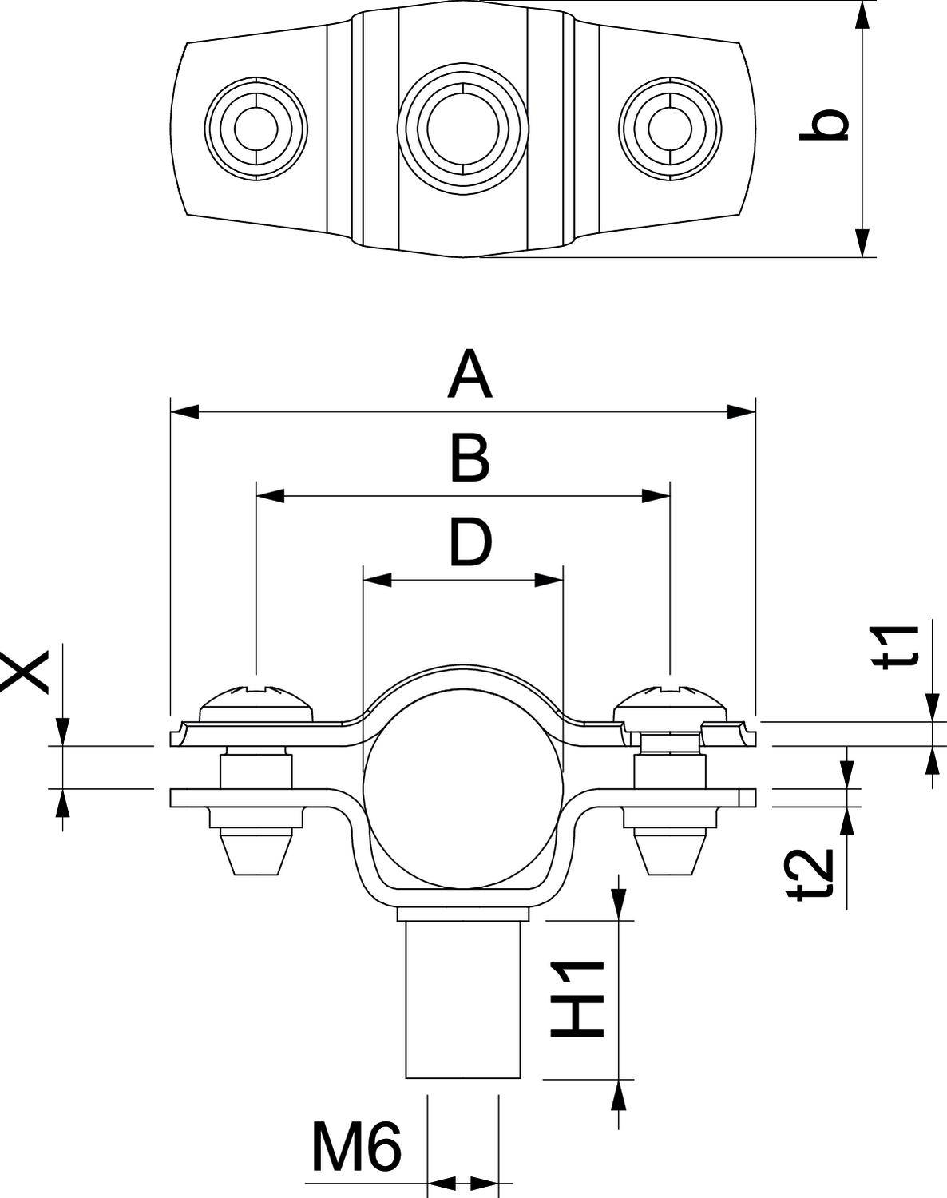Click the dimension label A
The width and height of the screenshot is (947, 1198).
coord(470,374)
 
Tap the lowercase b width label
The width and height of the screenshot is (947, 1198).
coord(824,124)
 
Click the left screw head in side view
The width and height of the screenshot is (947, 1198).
coord(256,704)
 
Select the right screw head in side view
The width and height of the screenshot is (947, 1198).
coord(671,704)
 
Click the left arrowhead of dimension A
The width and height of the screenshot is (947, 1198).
coord(184,412)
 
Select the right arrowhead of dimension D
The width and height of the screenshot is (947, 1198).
coord(549,580)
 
